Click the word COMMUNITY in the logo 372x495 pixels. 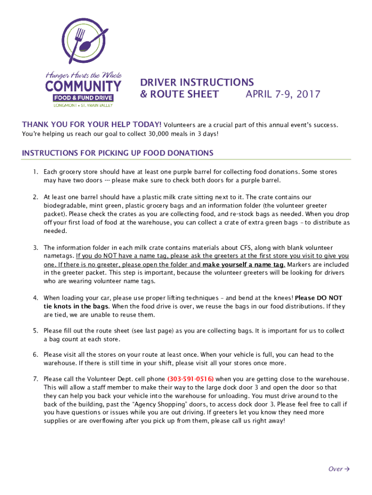tap(83, 87)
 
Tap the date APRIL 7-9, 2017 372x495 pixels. tap(283, 94)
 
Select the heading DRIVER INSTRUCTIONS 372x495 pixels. tap(197, 82)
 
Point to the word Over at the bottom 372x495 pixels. tap(335, 469)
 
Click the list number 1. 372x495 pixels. tap(35, 172)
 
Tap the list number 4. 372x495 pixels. tap(35, 298)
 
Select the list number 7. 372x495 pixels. tap(35, 379)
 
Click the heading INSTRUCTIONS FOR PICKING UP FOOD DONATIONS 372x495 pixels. tap(117, 153)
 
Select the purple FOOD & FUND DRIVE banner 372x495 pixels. tap(83, 98)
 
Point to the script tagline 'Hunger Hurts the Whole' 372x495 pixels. tap(83, 75)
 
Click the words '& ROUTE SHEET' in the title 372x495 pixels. tap(179, 94)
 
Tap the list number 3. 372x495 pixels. tap(35, 247)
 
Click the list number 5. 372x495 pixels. tap(35, 331)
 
